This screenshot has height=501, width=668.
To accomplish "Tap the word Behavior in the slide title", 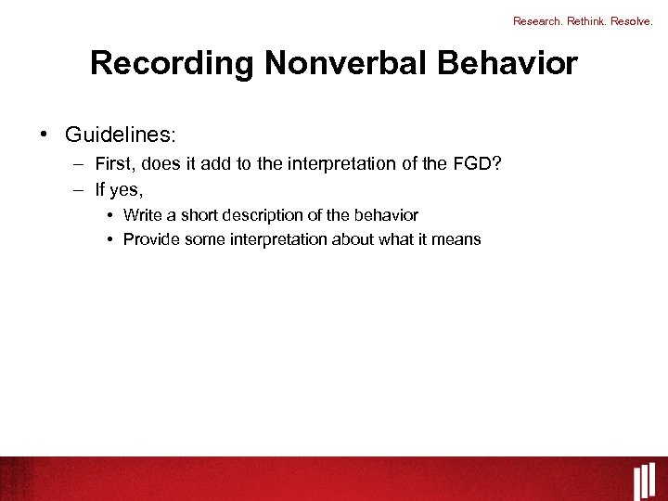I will [x=502, y=64].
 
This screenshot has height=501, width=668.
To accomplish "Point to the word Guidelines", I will [x=119, y=135].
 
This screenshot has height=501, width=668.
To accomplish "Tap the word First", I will [x=116, y=165].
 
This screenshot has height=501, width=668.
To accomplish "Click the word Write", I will [x=143, y=215].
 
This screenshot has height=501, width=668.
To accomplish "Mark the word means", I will [x=457, y=239].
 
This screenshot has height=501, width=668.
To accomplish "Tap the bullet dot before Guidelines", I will [x=45, y=135].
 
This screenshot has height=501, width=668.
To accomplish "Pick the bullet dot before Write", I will [x=109, y=215].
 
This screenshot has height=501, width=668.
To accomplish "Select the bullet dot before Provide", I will [x=109, y=239].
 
